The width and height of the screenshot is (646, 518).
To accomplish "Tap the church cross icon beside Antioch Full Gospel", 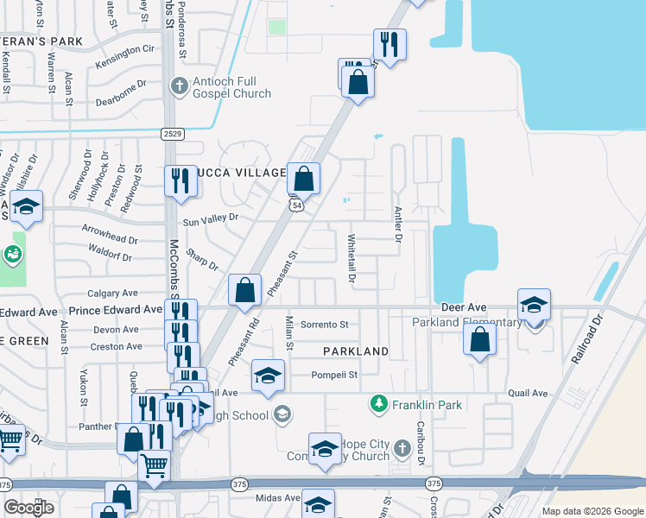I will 179,85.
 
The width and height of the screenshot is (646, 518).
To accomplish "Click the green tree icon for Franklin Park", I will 377,403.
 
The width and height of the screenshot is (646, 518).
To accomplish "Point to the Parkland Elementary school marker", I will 534,305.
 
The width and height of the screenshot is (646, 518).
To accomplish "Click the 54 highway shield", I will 297,205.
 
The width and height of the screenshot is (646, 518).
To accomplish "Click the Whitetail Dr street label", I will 351,258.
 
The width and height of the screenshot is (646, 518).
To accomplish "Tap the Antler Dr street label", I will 398,224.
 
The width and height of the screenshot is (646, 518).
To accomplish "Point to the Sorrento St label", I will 324,325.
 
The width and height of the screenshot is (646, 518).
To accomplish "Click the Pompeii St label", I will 334,375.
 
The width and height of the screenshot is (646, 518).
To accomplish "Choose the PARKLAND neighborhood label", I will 356,351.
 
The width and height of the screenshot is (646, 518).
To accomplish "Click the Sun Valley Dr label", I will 209,219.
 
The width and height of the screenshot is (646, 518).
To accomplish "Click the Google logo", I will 28,508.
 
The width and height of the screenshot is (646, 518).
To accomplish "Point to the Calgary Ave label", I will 112,294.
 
